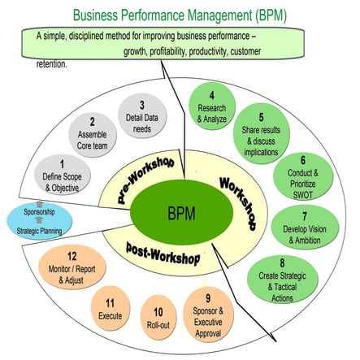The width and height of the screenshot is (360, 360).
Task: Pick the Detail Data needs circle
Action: point(141,115)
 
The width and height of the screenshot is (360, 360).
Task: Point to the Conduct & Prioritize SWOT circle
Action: point(302,171)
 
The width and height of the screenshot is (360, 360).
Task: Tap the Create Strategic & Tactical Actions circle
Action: point(281,278)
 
